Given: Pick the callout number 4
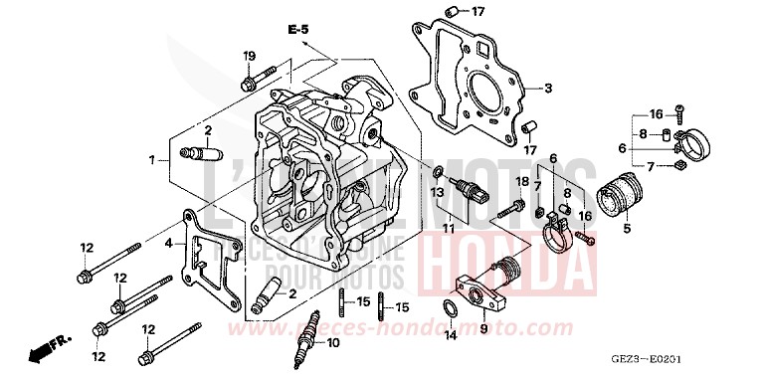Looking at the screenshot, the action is tap(168, 242).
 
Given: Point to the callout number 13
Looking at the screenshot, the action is tap(437, 190).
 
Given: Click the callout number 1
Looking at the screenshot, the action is tap(152, 159).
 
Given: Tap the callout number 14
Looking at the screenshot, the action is tap(450, 336).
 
